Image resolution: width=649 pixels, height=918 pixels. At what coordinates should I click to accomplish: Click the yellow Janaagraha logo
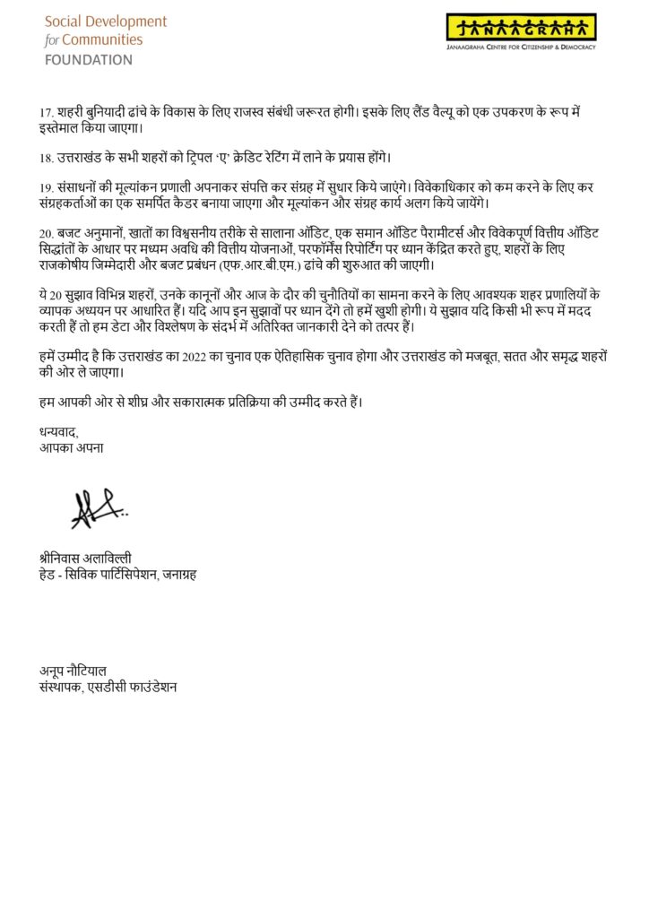pyautogui.click(x=521, y=27)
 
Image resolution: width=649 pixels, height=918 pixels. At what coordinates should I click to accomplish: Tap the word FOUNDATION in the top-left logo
pyautogui.click(x=89, y=60)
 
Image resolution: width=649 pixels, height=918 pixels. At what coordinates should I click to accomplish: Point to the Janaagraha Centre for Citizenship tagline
pyautogui.click(x=521, y=47)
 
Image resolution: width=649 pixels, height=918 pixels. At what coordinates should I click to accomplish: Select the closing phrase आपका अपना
pyautogui.click(x=65, y=446)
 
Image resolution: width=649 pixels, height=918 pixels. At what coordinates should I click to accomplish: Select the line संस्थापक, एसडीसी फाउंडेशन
pyautogui.click(x=103, y=688)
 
